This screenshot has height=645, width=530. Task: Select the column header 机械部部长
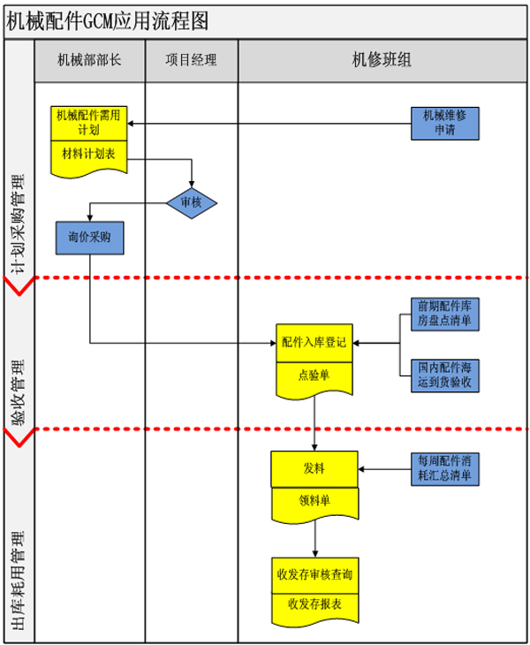[x=89, y=61]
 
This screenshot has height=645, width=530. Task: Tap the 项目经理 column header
[x=191, y=61]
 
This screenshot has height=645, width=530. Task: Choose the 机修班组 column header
[x=382, y=61]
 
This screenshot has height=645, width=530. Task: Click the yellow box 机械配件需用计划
[x=89, y=122]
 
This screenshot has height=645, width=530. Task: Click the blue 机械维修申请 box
[x=445, y=122]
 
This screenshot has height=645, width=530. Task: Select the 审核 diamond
[x=192, y=202]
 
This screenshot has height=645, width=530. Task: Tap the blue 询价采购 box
[x=89, y=238]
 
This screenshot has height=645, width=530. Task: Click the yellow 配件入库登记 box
[x=314, y=342]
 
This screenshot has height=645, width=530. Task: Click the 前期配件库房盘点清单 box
[x=445, y=312]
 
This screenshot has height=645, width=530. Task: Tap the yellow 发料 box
[x=314, y=468]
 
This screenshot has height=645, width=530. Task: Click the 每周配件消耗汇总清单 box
[x=445, y=468]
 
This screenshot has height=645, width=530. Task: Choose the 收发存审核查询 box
[x=314, y=573]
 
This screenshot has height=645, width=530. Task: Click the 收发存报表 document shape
[x=314, y=605]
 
